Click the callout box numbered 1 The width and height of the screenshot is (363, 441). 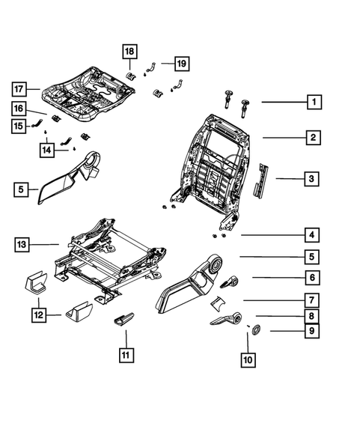pyautogui.click(x=315, y=102)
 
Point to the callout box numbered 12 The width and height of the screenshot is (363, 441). pyautogui.click(x=37, y=316)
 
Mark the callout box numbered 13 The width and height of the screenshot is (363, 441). pyautogui.click(x=23, y=244)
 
